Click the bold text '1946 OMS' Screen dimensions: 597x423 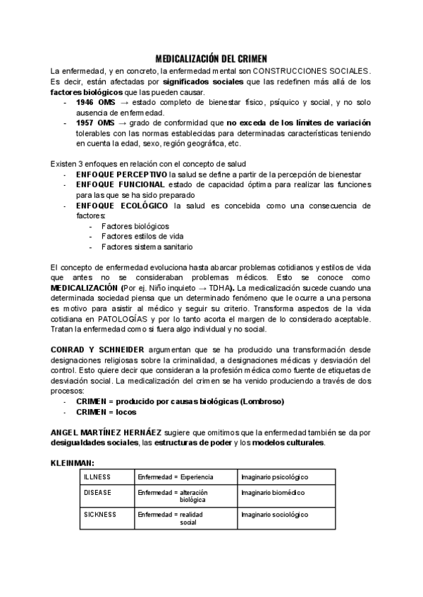(95, 103)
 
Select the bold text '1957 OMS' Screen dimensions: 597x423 (95, 123)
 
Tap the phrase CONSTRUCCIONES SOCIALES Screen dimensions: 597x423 (311, 72)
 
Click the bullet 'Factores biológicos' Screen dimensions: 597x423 (135, 226)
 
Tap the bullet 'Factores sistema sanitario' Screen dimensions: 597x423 (147, 247)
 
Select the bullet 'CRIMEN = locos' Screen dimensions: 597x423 (106, 412)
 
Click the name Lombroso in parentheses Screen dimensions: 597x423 (262, 401)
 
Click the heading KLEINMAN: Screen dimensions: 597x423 (73, 463)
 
